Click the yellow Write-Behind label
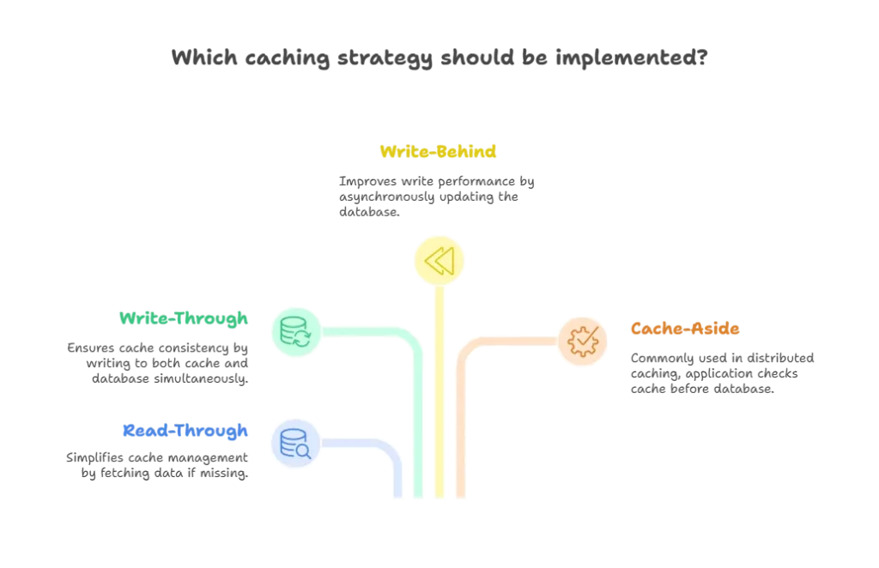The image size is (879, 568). (x=439, y=153)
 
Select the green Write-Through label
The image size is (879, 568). (x=185, y=319)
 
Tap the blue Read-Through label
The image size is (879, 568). (x=185, y=430)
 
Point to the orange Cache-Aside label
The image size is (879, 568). (x=685, y=328)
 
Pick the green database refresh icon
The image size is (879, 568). (x=296, y=330)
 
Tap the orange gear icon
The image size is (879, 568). (x=584, y=341)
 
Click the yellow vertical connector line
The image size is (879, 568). (x=439, y=395)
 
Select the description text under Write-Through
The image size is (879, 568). (x=159, y=361)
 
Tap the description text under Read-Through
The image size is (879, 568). (x=159, y=462)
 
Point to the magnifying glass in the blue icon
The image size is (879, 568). (x=302, y=449)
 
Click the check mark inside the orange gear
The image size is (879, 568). (x=584, y=341)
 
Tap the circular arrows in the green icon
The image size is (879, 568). (x=303, y=337)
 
